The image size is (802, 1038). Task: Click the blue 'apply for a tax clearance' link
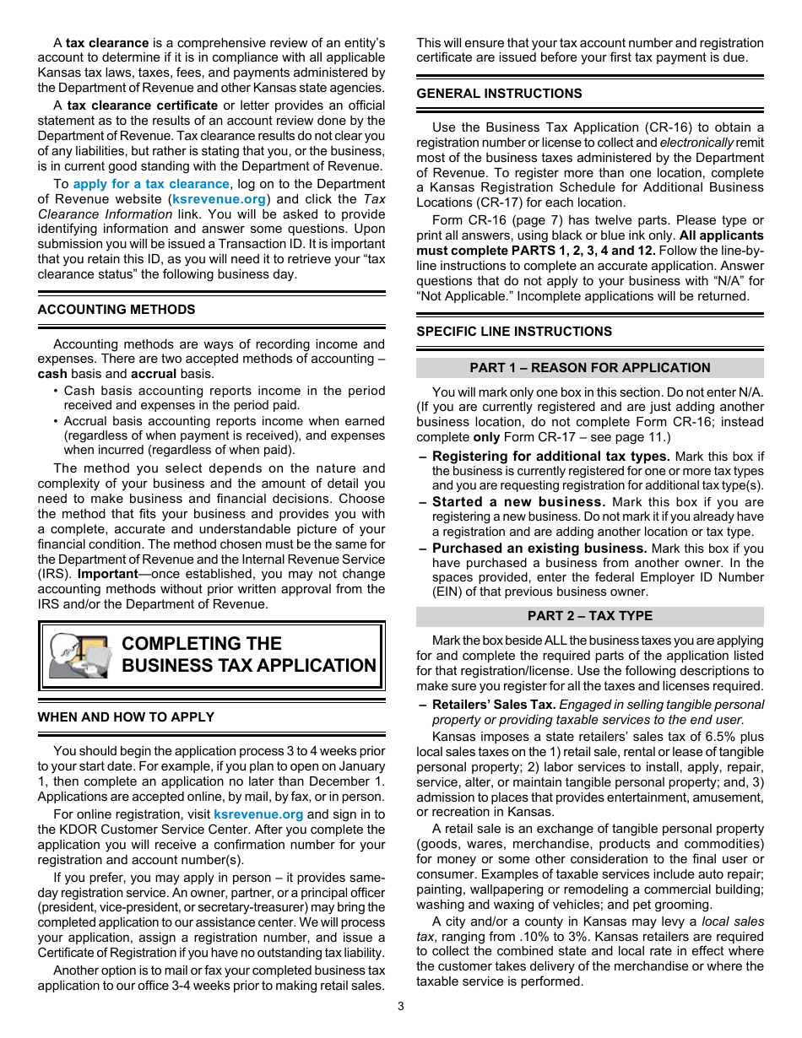[150, 184]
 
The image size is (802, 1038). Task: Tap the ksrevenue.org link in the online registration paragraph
[257, 814]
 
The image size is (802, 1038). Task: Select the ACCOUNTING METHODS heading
[116, 310]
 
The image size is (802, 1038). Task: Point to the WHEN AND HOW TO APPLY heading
[126, 716]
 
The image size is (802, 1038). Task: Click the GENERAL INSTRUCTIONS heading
[499, 94]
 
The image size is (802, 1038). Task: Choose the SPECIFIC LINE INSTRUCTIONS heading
[514, 332]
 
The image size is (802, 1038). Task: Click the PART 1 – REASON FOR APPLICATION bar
[589, 368]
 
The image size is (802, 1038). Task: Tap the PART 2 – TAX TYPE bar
[589, 616]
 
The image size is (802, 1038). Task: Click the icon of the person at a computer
[79, 656]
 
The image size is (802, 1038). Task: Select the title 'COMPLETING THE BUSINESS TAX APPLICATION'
[248, 655]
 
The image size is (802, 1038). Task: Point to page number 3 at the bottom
[401, 1006]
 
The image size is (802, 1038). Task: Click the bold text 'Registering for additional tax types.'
[551, 457]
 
